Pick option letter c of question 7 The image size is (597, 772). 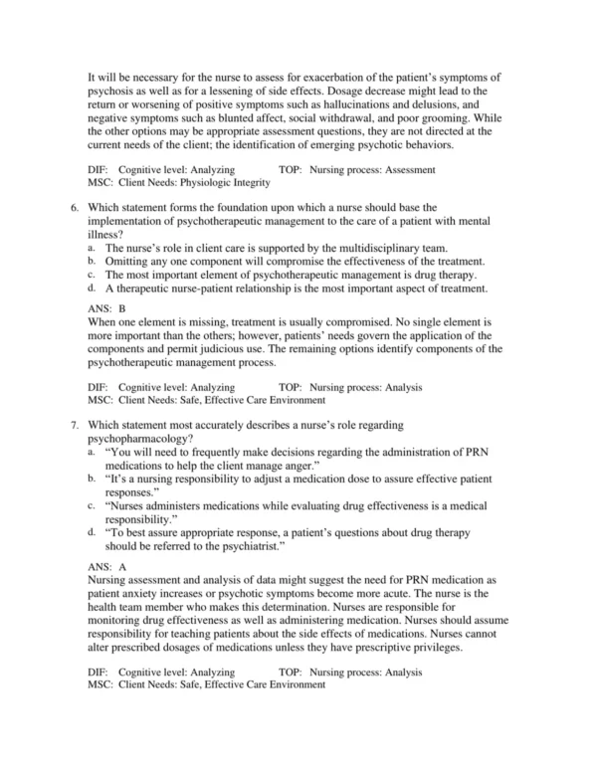coord(92,505)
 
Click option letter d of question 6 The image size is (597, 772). coord(92,289)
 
